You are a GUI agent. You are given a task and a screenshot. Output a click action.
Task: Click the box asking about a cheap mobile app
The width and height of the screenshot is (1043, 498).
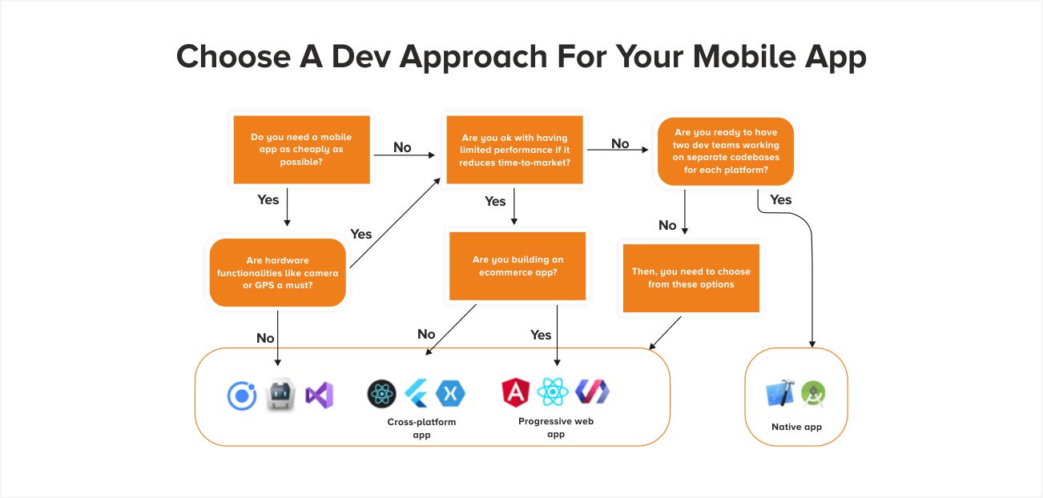(x=301, y=149)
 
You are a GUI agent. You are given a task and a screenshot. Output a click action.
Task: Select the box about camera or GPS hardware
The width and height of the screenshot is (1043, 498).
(x=277, y=272)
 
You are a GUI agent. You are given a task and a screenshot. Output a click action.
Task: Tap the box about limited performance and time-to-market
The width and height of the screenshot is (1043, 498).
(x=513, y=150)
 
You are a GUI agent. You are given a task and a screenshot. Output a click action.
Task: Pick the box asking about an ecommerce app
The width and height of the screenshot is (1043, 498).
(x=517, y=266)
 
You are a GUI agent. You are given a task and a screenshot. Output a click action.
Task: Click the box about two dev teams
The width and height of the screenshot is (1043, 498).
(x=726, y=151)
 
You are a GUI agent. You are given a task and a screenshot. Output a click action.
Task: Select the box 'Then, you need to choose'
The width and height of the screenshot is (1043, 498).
(x=691, y=278)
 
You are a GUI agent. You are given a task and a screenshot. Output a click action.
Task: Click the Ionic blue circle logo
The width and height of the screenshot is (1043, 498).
(x=241, y=396)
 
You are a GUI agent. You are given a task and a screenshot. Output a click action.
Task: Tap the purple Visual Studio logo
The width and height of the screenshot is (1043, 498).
(x=319, y=395)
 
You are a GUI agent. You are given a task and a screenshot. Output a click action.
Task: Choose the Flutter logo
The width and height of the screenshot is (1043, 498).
(x=417, y=393)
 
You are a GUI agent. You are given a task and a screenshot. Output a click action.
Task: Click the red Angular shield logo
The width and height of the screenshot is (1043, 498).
(x=517, y=392)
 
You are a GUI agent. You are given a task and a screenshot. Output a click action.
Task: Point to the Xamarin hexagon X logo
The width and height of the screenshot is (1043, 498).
(x=450, y=393)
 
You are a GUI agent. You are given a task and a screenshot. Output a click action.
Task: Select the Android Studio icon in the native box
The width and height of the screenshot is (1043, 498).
(x=812, y=393)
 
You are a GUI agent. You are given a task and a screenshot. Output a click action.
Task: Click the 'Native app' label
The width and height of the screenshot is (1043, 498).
(x=796, y=427)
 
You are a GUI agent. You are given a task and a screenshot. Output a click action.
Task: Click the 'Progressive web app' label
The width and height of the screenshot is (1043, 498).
(x=556, y=428)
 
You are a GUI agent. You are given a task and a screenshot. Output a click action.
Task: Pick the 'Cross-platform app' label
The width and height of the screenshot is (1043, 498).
(x=421, y=428)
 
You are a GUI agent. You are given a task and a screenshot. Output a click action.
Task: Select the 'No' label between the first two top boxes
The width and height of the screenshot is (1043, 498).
(x=402, y=147)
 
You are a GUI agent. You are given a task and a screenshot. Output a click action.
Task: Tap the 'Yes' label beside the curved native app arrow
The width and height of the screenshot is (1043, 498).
(x=780, y=199)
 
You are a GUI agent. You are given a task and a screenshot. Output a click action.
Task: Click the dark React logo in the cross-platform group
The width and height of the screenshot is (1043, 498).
(x=382, y=393)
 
